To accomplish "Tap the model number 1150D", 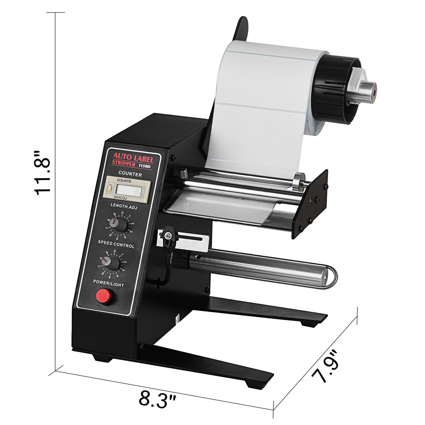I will point(144,166).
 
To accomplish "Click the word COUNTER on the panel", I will point(130,174).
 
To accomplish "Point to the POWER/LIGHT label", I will point(108,283).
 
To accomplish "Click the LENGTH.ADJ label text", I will point(124,206).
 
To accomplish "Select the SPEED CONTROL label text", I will point(116,244).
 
